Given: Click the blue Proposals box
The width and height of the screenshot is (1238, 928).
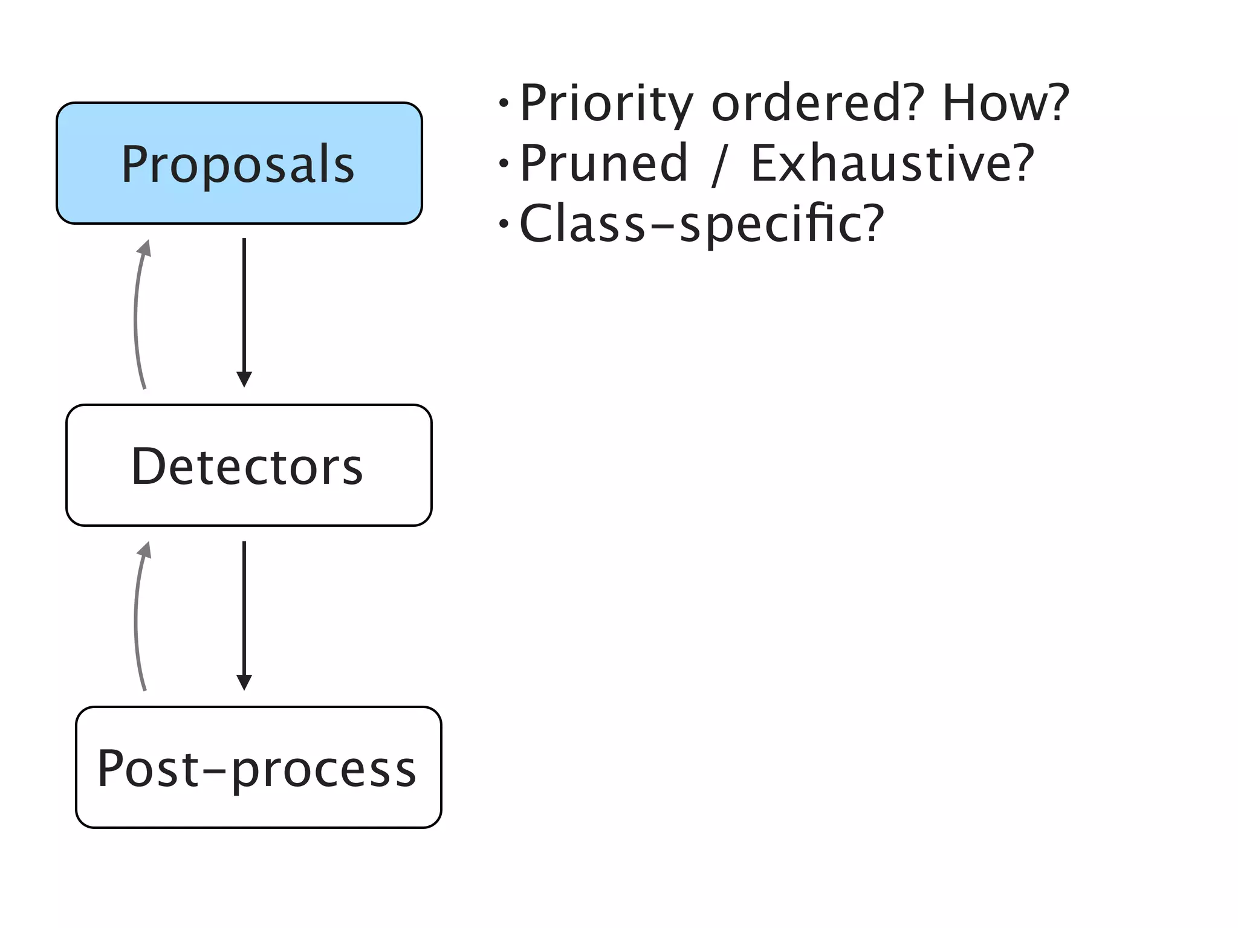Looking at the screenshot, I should click(239, 163).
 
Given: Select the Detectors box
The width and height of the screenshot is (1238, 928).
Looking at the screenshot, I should click(248, 465).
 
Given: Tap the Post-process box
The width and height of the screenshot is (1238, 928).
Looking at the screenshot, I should click(258, 767).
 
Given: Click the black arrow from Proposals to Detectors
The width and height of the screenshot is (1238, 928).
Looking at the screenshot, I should click(244, 308).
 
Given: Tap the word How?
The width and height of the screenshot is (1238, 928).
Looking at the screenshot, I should click(1005, 103).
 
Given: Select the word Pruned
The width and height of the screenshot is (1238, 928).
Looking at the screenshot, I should click(604, 163).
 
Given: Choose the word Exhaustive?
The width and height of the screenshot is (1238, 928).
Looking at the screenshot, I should click(892, 163).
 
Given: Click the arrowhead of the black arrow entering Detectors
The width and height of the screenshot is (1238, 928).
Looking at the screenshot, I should click(244, 379).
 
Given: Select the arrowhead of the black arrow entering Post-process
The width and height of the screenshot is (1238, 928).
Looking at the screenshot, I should click(244, 682).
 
